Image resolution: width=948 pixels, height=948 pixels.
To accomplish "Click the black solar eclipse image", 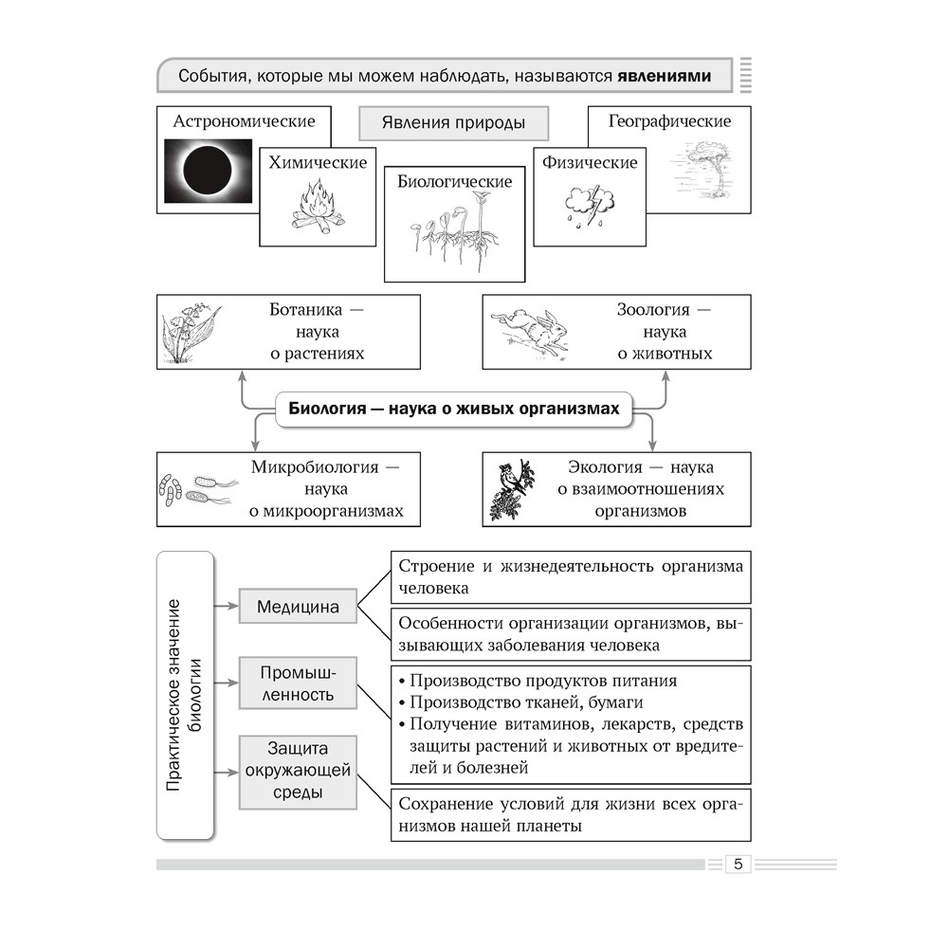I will [x=209, y=172].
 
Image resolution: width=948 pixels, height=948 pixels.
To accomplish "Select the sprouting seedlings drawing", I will [x=453, y=231].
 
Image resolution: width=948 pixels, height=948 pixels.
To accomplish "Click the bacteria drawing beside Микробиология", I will [x=196, y=488].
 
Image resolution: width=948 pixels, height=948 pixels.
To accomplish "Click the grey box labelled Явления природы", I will [x=454, y=123].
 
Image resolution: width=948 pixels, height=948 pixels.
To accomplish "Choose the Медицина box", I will [x=298, y=608].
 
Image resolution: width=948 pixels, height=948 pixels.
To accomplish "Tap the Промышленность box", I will [x=298, y=684].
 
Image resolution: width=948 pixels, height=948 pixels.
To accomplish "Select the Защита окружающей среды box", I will [x=298, y=769].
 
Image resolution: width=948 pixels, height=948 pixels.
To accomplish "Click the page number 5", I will [x=738, y=864].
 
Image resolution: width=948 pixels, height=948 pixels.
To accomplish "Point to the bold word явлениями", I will [x=664, y=76].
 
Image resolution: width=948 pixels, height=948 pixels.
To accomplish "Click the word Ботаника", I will [x=295, y=310].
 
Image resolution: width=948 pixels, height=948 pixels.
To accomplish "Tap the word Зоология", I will [x=653, y=310].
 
